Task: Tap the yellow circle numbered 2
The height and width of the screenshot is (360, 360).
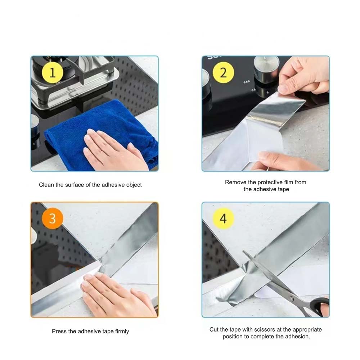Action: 223,73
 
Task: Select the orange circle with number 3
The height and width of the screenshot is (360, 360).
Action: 53,219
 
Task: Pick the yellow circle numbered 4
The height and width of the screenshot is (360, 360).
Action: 223,219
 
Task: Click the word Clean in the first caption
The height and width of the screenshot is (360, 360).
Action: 46,185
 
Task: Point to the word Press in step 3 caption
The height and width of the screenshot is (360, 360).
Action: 59,331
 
